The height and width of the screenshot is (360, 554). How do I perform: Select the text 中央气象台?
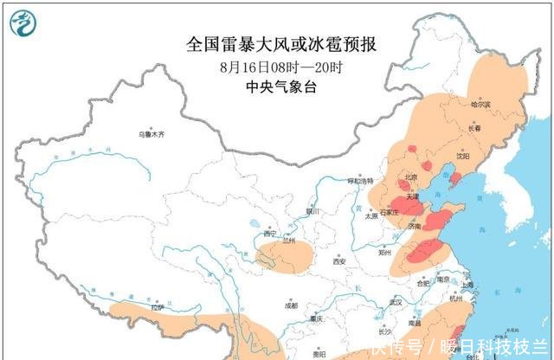tap(274, 86)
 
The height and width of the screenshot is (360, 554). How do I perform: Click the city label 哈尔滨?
tap(480, 105)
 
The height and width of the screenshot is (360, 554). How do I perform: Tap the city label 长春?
tap(474, 129)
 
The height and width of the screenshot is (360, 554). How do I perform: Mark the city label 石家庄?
tap(390, 211)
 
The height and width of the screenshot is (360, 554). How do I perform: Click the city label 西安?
tap(338, 260)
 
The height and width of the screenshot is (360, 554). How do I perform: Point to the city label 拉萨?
tap(157, 306)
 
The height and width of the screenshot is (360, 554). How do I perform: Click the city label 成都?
tap(290, 305)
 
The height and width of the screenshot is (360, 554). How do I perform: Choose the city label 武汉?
tap(396, 302)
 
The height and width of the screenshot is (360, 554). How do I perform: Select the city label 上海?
tap(467, 284)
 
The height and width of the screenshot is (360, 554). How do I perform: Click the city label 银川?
tap(312, 210)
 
